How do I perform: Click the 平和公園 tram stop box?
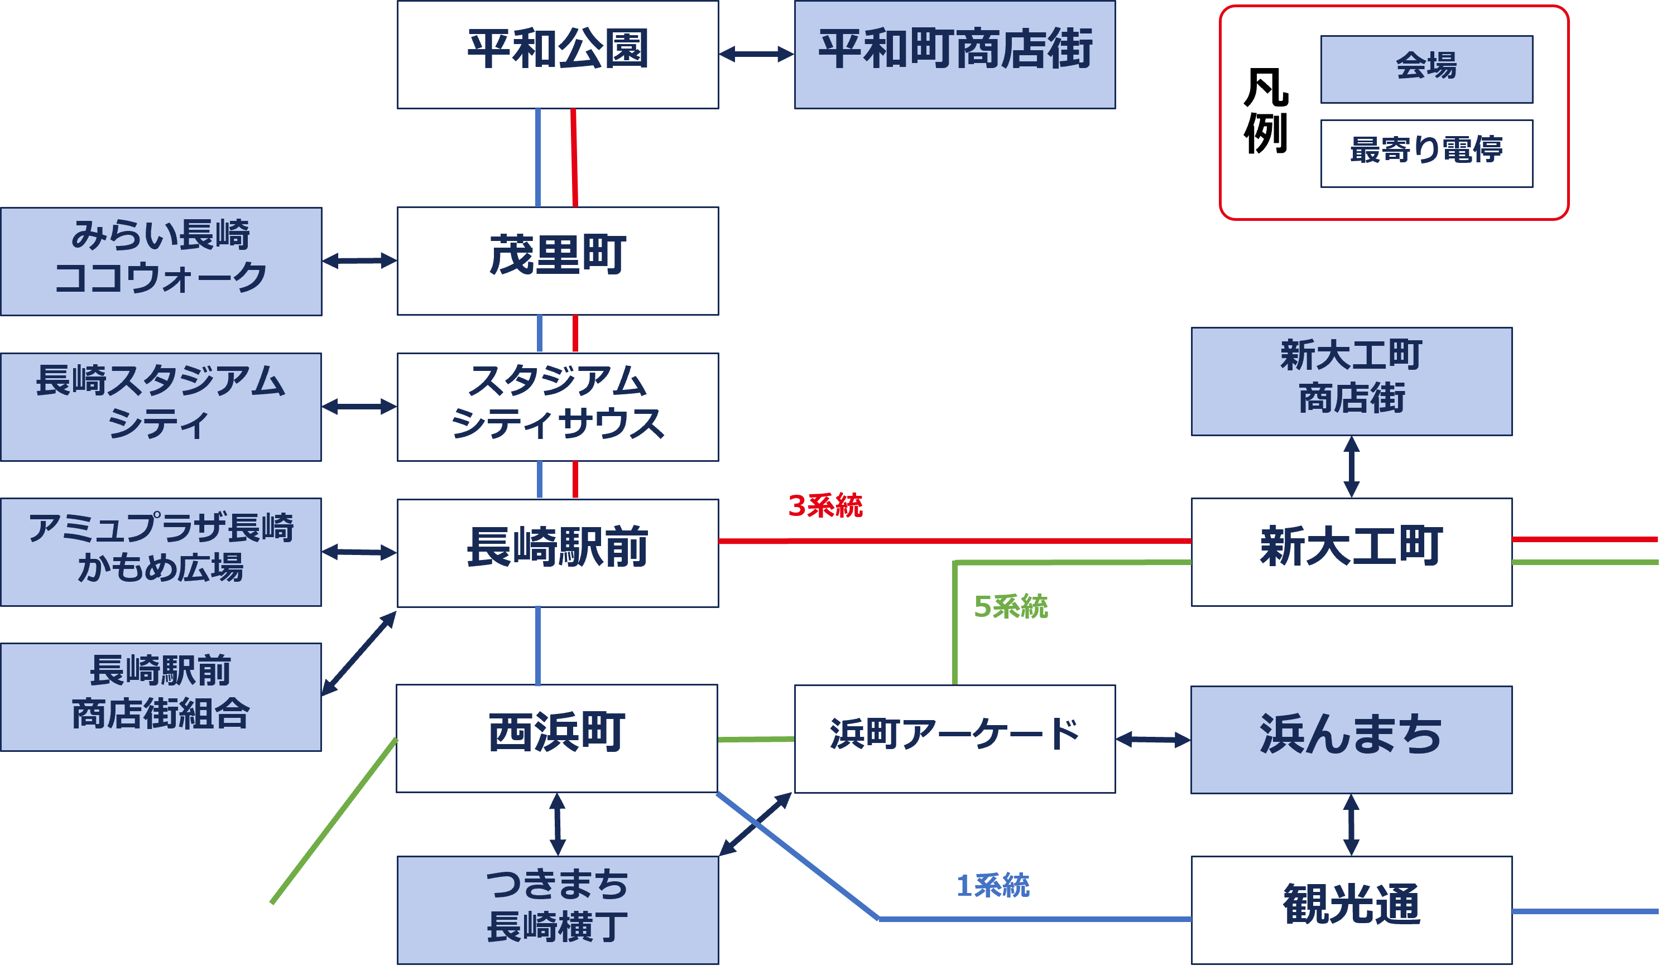coord(558,54)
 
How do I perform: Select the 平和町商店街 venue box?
coord(954,54)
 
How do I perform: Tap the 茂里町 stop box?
coord(558,261)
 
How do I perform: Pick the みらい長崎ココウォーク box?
coord(161,261)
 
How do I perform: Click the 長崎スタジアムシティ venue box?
coord(161,407)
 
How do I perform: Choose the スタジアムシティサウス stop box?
coord(558,407)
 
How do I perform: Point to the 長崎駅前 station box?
coord(558,552)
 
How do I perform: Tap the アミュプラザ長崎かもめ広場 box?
coord(161,552)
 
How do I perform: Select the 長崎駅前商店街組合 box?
coord(161,697)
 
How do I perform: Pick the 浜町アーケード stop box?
coord(954,739)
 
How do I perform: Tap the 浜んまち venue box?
coord(1351,739)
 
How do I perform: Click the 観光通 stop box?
coord(1351,910)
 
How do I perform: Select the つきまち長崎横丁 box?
coord(558,910)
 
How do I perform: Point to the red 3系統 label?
coord(825,506)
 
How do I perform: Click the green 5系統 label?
coord(1010,606)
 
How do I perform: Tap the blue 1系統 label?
coord(993,885)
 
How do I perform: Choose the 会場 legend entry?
coord(1426,69)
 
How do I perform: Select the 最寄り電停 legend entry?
coord(1426,153)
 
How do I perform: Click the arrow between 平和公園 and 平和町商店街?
coord(756,54)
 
